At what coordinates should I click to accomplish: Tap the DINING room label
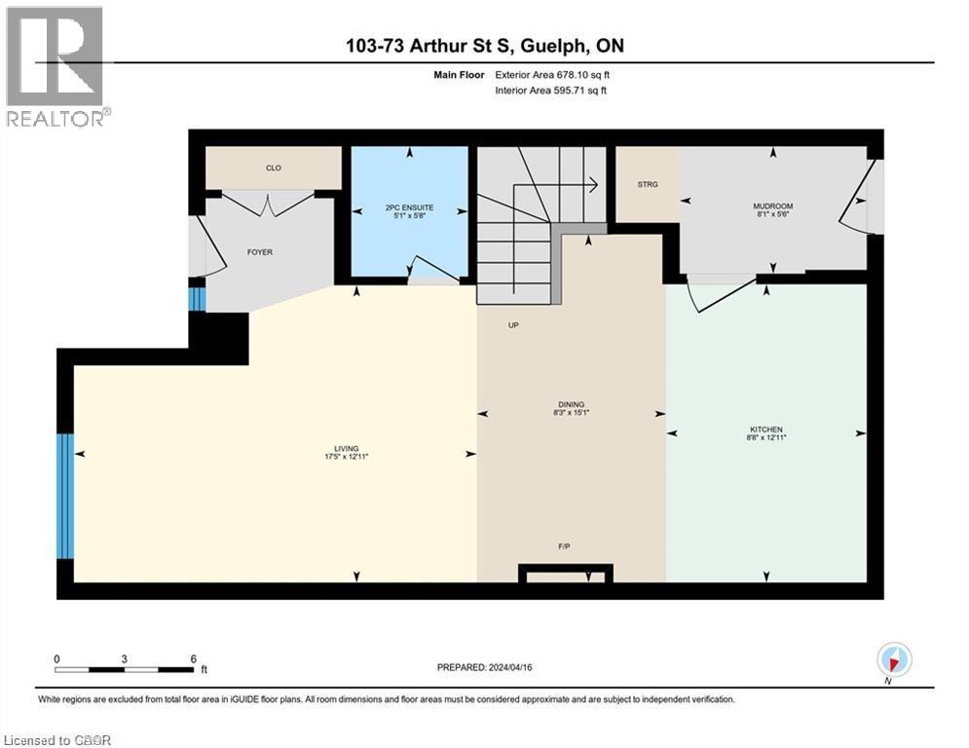571,404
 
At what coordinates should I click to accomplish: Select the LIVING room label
347,448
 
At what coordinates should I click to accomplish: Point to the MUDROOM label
773,206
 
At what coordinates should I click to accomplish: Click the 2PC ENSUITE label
410,206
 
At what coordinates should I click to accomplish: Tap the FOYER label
260,252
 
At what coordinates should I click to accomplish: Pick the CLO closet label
274,168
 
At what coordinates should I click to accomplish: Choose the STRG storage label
648,184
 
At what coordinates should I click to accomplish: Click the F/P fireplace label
564,547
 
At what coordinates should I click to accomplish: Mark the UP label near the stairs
512,325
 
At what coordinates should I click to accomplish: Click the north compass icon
893,659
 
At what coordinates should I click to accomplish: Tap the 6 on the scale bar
193,658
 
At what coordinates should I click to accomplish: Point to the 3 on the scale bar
125,658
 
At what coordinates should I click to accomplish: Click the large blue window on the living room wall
64,496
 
